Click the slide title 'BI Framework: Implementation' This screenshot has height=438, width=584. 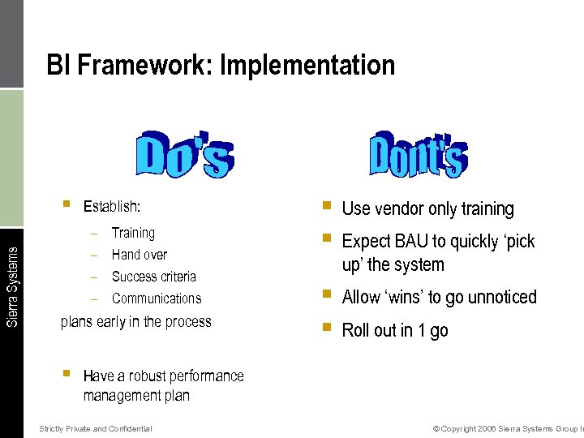pyautogui.click(x=221, y=65)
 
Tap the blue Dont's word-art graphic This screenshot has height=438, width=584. pyautogui.click(x=419, y=152)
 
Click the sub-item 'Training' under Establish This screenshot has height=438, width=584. pyautogui.click(x=133, y=233)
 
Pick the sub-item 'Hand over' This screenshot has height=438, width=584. pyautogui.click(x=140, y=255)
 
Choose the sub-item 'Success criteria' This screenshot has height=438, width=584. pyautogui.click(x=154, y=277)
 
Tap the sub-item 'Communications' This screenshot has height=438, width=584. pyautogui.click(x=157, y=298)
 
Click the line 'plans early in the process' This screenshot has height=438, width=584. pyautogui.click(x=136, y=321)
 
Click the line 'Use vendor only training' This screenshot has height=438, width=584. pyautogui.click(x=427, y=208)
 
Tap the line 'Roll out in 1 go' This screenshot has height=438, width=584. pyautogui.click(x=394, y=330)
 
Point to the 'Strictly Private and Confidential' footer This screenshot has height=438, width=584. pyautogui.click(x=96, y=428)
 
